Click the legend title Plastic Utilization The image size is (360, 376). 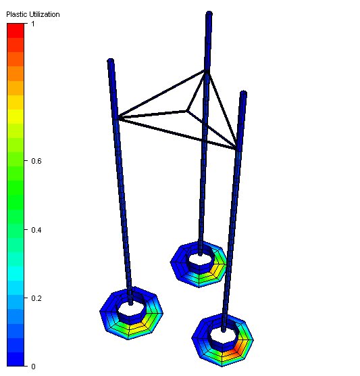[x=33, y=14]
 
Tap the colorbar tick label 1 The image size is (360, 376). [x=33, y=24]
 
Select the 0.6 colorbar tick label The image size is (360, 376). [x=36, y=161]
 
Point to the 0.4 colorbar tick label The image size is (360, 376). [x=36, y=230]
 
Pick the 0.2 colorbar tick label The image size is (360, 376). [x=36, y=298]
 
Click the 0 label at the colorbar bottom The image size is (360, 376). [x=33, y=366]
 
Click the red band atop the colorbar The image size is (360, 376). [x=16, y=30]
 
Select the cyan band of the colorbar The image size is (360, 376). [x=16, y=273]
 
